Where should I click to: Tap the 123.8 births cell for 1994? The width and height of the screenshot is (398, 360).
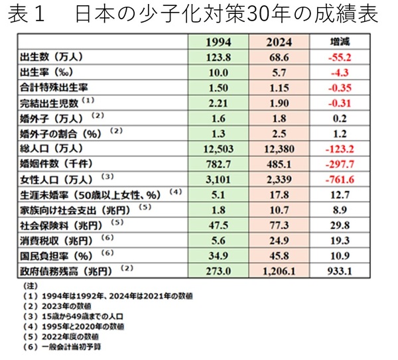(x=219, y=58)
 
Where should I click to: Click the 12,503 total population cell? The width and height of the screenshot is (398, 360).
(x=219, y=148)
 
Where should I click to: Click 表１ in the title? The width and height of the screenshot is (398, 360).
(x=26, y=15)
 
